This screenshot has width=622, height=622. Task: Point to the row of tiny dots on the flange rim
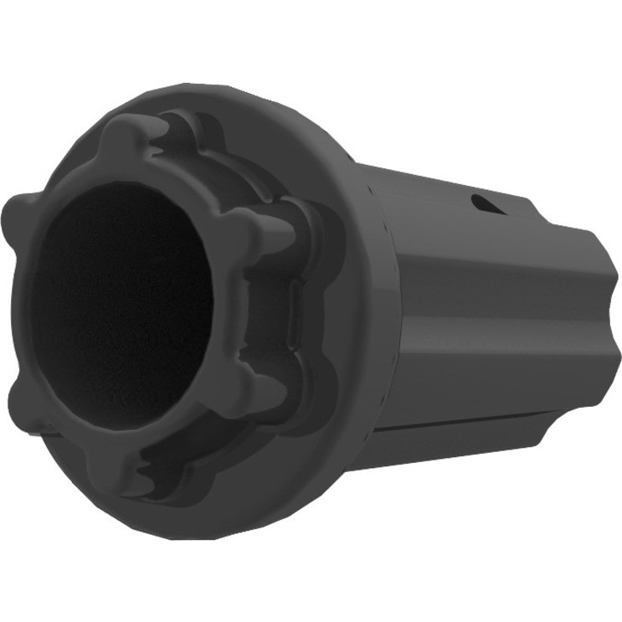[381, 251]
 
